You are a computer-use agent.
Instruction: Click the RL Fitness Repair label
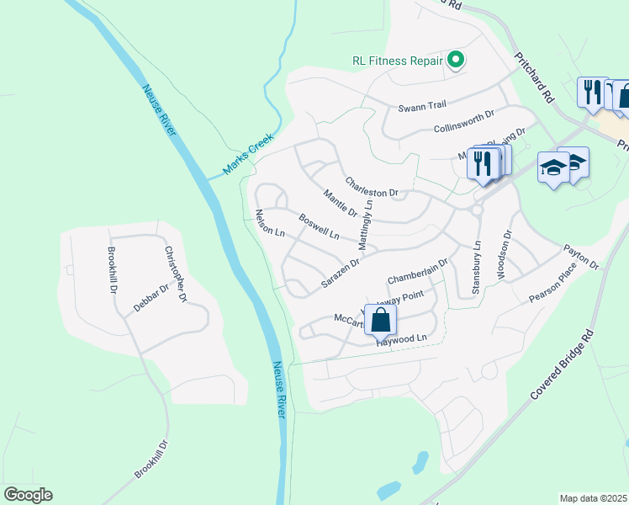[397, 61]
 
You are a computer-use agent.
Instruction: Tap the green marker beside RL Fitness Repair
[456, 60]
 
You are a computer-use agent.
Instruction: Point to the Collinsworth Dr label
[463, 123]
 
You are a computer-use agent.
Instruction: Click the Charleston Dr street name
[376, 187]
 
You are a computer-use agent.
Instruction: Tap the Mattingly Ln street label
[367, 225]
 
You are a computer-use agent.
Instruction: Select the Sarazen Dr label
[340, 274]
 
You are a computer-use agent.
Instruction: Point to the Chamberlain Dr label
[418, 271]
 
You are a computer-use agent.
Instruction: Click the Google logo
[28, 495]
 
